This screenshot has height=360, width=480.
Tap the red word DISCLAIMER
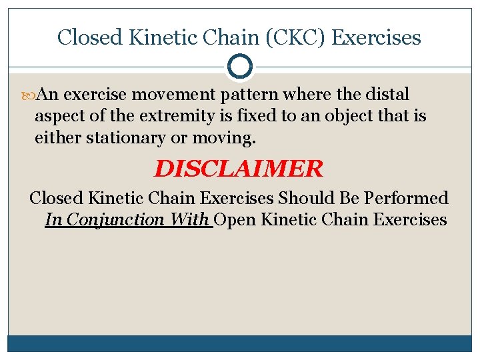point(238,169)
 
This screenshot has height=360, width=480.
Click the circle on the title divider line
point(239,67)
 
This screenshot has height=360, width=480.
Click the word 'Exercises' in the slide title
point(376,37)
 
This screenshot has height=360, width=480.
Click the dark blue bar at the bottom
point(239,343)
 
